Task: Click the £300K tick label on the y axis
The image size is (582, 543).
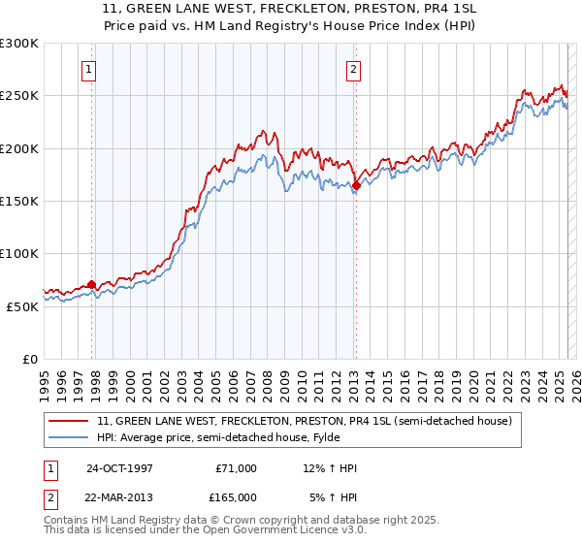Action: [x=19, y=44]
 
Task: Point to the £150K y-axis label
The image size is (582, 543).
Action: [x=19, y=201]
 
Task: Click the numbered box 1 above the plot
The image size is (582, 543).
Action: [x=89, y=69]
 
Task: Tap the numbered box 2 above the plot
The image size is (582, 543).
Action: [x=353, y=69]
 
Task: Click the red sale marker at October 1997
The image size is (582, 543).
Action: [x=92, y=284]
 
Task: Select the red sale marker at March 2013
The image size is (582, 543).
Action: [x=356, y=185]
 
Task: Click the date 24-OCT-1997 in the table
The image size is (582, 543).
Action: [x=119, y=468]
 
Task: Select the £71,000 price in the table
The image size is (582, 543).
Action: [x=235, y=468]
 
